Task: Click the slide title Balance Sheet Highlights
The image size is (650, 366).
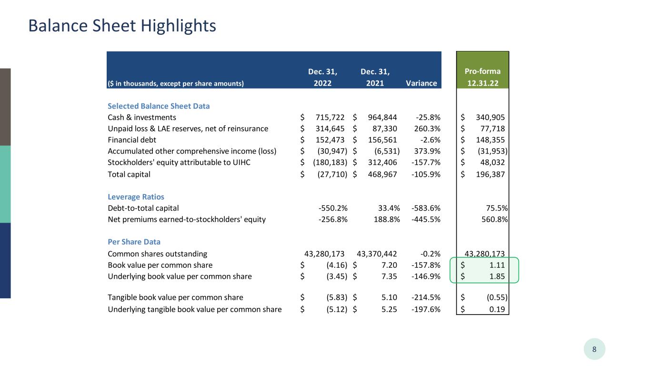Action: pyautogui.click(x=122, y=26)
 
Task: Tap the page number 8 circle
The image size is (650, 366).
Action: pyautogui.click(x=594, y=349)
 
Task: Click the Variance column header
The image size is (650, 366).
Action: pyautogui.click(x=421, y=83)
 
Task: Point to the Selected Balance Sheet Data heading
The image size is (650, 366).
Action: pyautogui.click(x=159, y=106)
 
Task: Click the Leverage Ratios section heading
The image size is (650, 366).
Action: pyautogui.click(x=136, y=197)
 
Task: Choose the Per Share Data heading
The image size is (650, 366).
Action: pyautogui.click(x=134, y=242)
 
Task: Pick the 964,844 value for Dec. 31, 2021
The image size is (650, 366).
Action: pyautogui.click(x=384, y=117)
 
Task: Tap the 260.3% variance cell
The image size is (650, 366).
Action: pyautogui.click(x=426, y=129)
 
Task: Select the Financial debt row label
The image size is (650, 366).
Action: pyautogui.click(x=132, y=140)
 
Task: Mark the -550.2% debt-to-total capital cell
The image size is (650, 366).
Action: pyautogui.click(x=333, y=208)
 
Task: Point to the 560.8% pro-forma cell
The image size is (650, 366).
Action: pyautogui.click(x=495, y=220)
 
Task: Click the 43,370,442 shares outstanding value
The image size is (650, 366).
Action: pyautogui.click(x=377, y=254)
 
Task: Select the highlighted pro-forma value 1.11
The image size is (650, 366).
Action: pyautogui.click(x=497, y=265)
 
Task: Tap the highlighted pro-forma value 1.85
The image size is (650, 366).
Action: pyautogui.click(x=497, y=276)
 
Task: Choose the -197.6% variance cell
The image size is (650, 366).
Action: pyautogui.click(x=426, y=309)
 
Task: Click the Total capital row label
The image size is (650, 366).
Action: pyautogui.click(x=129, y=174)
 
